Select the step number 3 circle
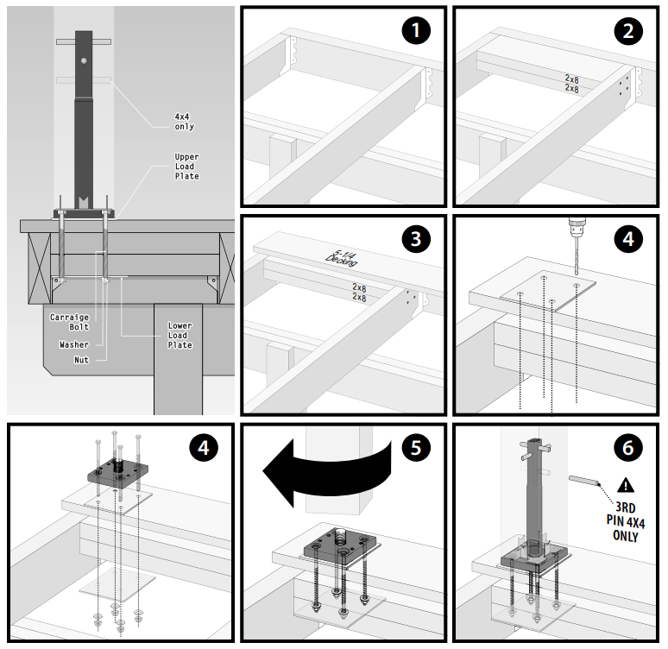pyautogui.click(x=416, y=239)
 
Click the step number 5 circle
pyautogui.click(x=416, y=448)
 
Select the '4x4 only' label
pyautogui.click(x=184, y=122)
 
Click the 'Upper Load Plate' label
pyautogui.click(x=186, y=167)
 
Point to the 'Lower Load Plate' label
pyautogui.click(x=180, y=336)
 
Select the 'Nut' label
pyautogui.click(x=82, y=360)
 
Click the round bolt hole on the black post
pyautogui.click(x=82, y=60)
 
